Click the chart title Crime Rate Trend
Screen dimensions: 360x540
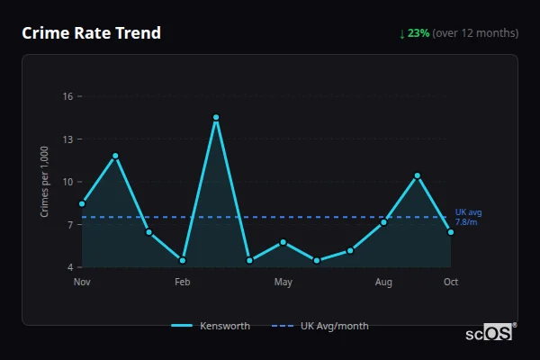[x=91, y=33]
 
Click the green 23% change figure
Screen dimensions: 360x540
[x=418, y=33]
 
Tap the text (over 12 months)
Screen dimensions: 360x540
[x=475, y=33]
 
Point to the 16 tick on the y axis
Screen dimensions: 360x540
[x=67, y=96]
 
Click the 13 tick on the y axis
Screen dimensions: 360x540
[x=67, y=139]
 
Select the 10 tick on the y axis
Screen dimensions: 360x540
[x=67, y=182]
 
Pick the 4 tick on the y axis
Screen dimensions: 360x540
[x=69, y=267]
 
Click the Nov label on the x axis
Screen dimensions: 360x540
[x=82, y=283]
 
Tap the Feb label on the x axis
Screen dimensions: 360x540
[x=183, y=283]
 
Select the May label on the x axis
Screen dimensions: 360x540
[x=283, y=283]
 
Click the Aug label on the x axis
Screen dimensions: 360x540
[x=383, y=283]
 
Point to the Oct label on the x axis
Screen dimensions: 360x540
[x=451, y=283]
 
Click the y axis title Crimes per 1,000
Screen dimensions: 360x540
[x=45, y=182]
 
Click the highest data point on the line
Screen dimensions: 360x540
[x=216, y=117]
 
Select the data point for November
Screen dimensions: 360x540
[x=82, y=203]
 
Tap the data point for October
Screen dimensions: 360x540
[x=451, y=232]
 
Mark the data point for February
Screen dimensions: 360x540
[x=183, y=260]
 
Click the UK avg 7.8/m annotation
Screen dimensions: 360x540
[x=468, y=217]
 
